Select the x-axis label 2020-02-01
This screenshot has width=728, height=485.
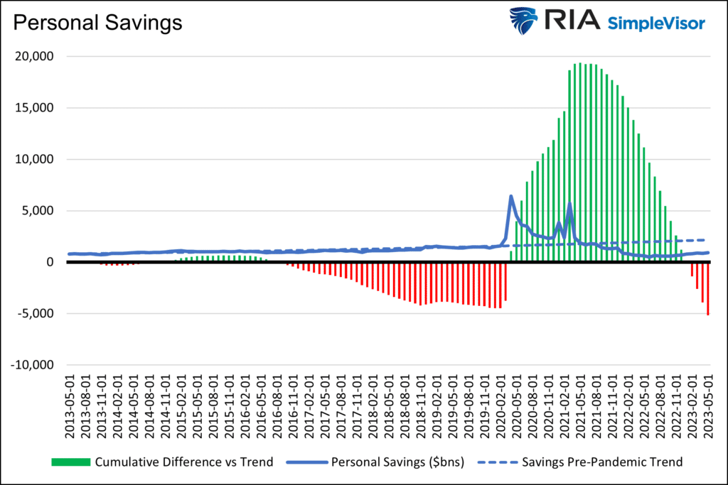tap(500, 403)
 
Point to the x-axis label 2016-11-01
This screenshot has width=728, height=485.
tap(293, 403)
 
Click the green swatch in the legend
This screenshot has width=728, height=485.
tap(71, 462)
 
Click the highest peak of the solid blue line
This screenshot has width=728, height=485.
tap(511, 196)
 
